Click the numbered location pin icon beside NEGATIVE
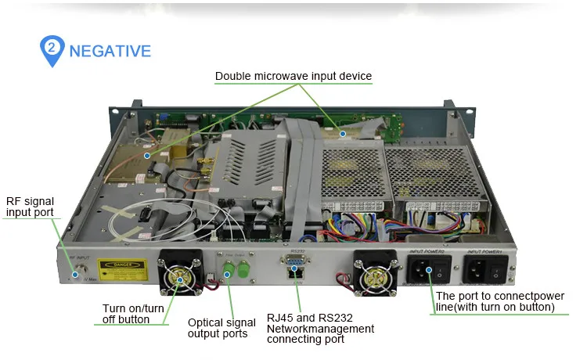[52, 49]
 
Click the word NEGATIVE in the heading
[110, 51]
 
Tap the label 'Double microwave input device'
[293, 76]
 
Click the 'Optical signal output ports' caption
[221, 328]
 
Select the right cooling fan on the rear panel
[373, 271]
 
